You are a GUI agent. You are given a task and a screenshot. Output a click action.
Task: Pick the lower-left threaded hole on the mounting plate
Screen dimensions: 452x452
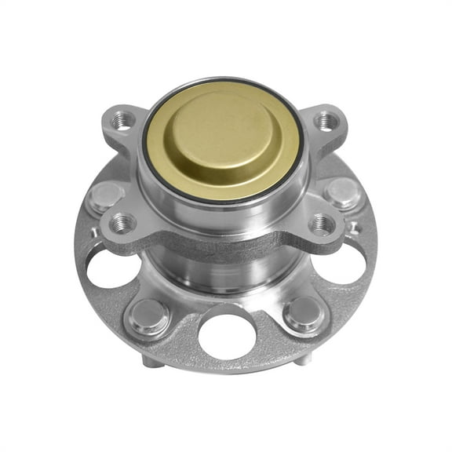tap(122, 224)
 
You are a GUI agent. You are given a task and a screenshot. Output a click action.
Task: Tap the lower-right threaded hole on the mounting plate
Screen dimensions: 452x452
tap(323, 224)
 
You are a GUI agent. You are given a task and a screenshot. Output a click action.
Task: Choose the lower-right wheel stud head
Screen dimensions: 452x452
tap(303, 313)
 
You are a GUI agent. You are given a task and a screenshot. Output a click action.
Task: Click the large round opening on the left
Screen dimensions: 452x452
tap(113, 268)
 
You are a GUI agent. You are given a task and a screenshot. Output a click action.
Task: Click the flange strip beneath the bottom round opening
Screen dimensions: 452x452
tap(228, 366)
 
